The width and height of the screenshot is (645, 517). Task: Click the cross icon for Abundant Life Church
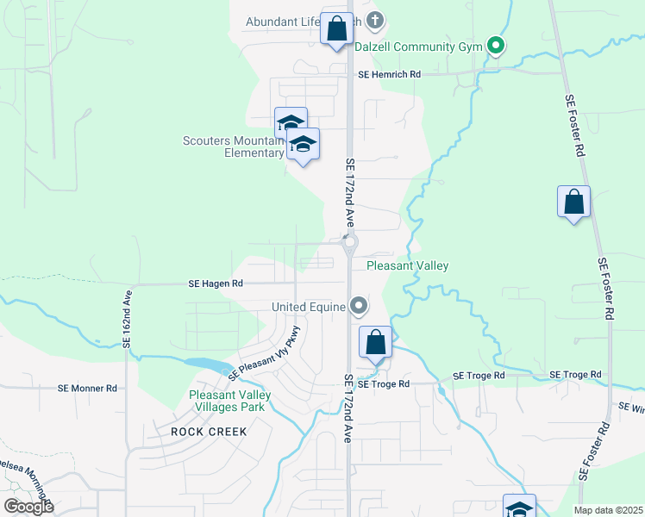click(x=374, y=20)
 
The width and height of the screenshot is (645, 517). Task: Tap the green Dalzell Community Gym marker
click(x=495, y=46)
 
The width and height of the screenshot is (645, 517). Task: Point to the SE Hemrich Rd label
click(x=389, y=75)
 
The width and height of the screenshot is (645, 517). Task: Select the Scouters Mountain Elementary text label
click(x=233, y=146)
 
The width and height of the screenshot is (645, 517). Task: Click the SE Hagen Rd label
click(x=216, y=283)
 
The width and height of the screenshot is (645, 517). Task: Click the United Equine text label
click(x=308, y=307)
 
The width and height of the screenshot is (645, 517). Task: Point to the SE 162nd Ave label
click(x=127, y=319)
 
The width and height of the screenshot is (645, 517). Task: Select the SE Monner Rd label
click(x=87, y=389)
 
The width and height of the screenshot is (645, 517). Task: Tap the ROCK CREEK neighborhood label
click(x=209, y=431)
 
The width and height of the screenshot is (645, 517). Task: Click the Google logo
click(x=28, y=507)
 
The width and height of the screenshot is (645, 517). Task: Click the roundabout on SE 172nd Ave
click(x=349, y=244)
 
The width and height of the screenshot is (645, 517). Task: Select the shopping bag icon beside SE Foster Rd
click(x=573, y=203)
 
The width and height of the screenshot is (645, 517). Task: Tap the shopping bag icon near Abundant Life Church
click(x=336, y=28)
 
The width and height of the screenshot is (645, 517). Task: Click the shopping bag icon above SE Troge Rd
click(x=375, y=343)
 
